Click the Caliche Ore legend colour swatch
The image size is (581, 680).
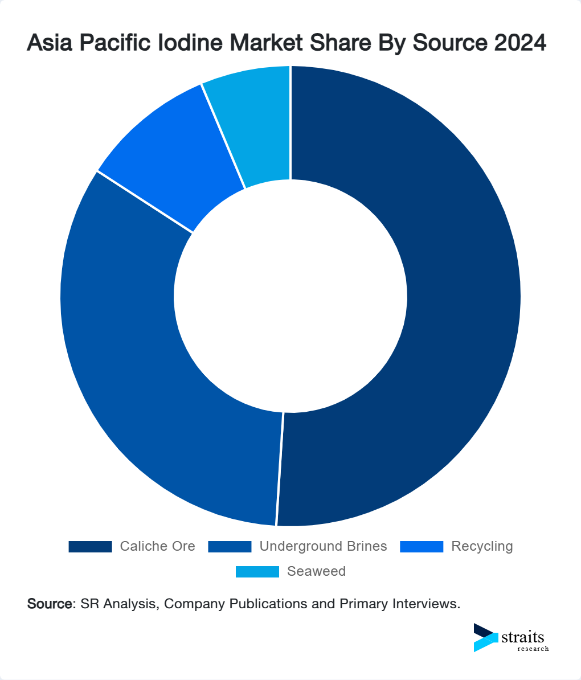(90, 547)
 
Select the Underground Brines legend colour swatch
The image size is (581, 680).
(230, 547)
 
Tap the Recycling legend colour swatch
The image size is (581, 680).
(422, 547)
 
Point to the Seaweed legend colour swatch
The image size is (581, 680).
(257, 572)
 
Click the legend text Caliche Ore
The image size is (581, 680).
(157, 547)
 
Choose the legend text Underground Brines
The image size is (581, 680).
(323, 547)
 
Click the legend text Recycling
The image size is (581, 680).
(482, 547)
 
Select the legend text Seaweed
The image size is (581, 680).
(316, 572)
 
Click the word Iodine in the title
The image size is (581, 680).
(189, 43)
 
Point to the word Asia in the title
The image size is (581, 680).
(48, 43)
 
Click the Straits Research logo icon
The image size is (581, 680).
(485, 637)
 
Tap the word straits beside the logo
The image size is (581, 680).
(523, 637)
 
